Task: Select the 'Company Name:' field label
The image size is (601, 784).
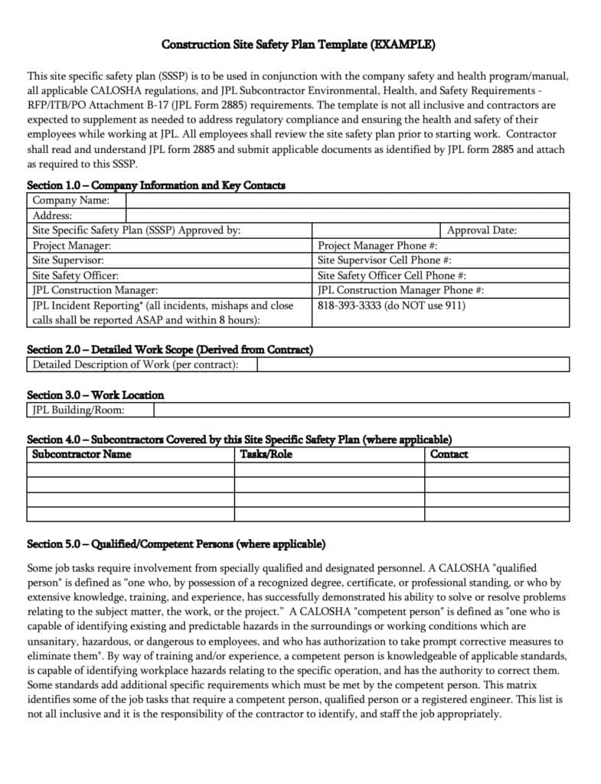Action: pos(70,201)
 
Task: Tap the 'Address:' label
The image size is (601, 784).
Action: pos(52,216)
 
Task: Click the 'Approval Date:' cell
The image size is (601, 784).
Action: pos(482,230)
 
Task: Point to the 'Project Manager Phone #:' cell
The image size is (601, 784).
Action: pos(377,246)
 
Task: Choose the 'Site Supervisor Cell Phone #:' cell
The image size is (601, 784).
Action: pos(384,260)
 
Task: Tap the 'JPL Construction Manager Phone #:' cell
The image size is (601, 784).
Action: pos(400,290)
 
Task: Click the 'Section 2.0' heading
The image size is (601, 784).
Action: pos(170,350)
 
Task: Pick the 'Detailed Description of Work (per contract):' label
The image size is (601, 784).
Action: pos(136,364)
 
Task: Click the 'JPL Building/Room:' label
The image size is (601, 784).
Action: pos(79,410)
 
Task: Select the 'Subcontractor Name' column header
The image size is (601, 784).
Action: pos(82,454)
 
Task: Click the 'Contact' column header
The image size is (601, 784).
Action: pos(449,454)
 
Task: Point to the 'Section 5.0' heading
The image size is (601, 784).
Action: pos(176,544)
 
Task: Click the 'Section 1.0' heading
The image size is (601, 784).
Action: pos(156,185)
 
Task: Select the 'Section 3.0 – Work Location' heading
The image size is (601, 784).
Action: pos(96,395)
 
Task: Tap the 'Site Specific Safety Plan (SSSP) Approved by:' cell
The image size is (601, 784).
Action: pos(137,230)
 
